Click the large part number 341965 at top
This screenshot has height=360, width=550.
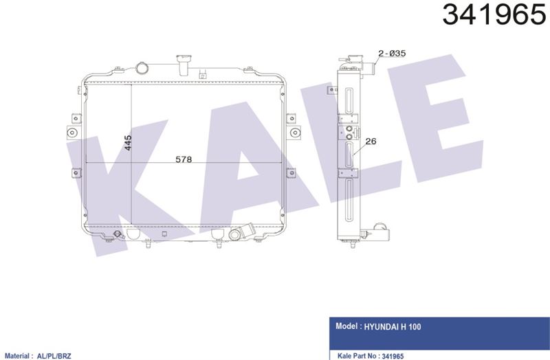(x=494, y=14)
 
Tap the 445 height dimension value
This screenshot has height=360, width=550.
(x=128, y=143)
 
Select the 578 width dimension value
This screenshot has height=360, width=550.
(x=184, y=159)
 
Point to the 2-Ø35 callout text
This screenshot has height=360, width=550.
(x=392, y=54)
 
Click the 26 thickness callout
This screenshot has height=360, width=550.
(x=371, y=142)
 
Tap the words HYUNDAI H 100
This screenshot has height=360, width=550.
(x=393, y=327)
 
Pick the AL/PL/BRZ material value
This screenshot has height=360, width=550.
(x=54, y=356)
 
